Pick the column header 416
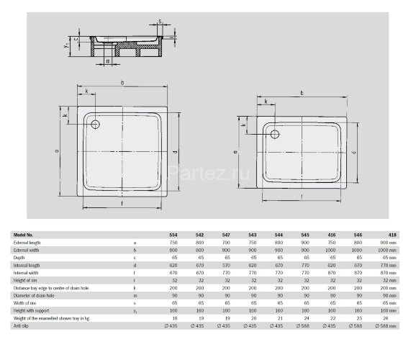click(332, 235)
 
